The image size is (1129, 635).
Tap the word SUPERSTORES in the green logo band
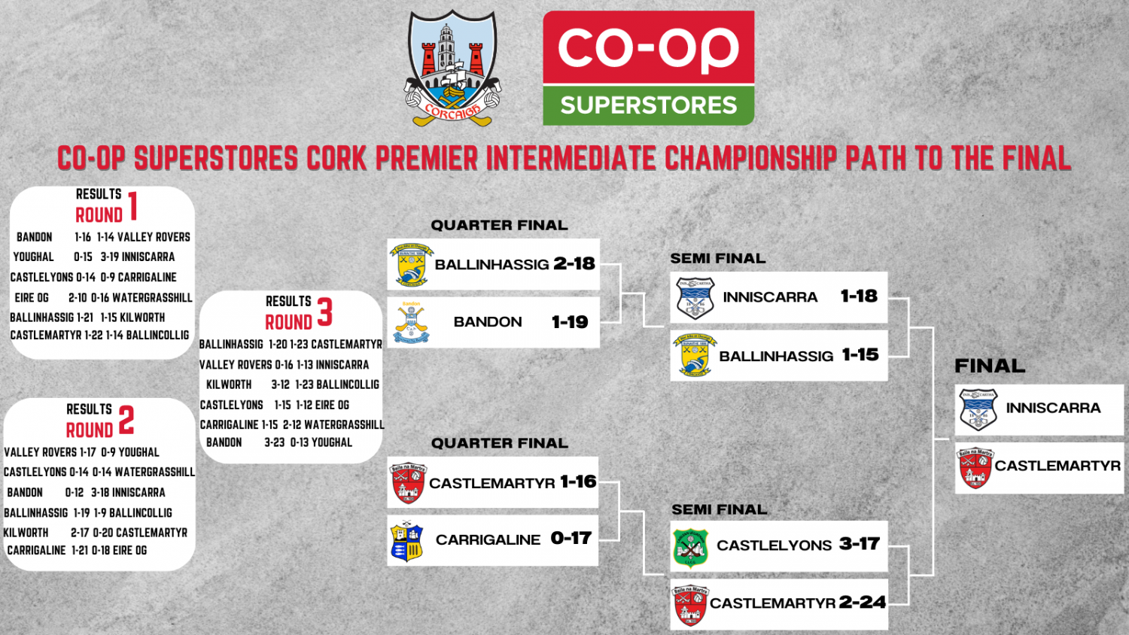pyautogui.click(x=648, y=105)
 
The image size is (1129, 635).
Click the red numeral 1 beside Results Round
pyautogui.click(x=133, y=205)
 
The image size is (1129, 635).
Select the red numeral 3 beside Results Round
pyautogui.click(x=324, y=311)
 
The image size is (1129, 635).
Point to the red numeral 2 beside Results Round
pyautogui.click(x=126, y=420)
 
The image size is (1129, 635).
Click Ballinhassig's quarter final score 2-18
pyautogui.click(x=574, y=263)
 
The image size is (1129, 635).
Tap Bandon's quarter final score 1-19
pyautogui.click(x=570, y=322)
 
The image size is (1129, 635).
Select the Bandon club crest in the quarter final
pyautogui.click(x=411, y=323)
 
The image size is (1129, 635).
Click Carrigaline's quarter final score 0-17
pyautogui.click(x=571, y=538)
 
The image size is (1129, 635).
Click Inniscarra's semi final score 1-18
pyautogui.click(x=859, y=296)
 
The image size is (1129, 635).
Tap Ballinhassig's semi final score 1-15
pyautogui.click(x=860, y=354)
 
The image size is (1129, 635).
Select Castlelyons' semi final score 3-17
pyautogui.click(x=860, y=543)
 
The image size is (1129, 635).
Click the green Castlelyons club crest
pyautogui.click(x=690, y=548)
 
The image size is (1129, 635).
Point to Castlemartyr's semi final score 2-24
pyautogui.click(x=862, y=602)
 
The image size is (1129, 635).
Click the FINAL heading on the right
pyautogui.click(x=990, y=366)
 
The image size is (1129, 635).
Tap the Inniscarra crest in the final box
pyautogui.click(x=978, y=409)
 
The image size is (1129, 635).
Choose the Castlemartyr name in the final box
pyautogui.click(x=1057, y=466)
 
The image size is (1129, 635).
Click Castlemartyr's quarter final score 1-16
pyautogui.click(x=578, y=482)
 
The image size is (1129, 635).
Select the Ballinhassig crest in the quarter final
pyautogui.click(x=411, y=265)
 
